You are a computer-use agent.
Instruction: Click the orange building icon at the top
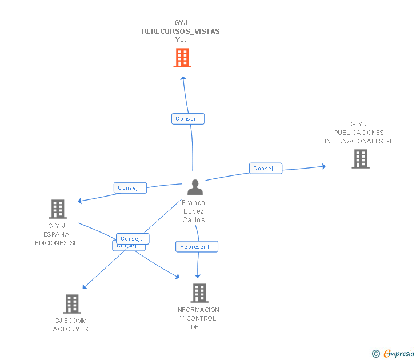click(x=182, y=58)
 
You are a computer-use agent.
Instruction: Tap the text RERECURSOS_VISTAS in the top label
click(x=181, y=31)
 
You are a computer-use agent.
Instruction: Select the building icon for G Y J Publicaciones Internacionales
click(x=360, y=159)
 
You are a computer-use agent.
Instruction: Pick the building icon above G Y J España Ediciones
click(x=58, y=209)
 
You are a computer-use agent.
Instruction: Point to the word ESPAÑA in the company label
click(x=56, y=234)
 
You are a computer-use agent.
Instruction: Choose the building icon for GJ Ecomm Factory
click(x=72, y=304)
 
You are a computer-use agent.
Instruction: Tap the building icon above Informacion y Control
click(x=199, y=293)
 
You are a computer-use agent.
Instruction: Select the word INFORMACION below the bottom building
click(x=198, y=310)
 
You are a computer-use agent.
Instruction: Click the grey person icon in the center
click(x=195, y=187)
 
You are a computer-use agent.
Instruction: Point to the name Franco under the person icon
click(x=193, y=203)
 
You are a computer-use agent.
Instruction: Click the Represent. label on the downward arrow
click(x=196, y=247)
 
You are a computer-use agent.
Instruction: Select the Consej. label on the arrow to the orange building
click(x=187, y=119)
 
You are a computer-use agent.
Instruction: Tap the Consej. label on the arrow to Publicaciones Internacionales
click(x=265, y=169)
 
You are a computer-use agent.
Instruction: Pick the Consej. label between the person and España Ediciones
click(x=130, y=188)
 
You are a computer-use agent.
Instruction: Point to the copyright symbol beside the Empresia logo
click(x=375, y=354)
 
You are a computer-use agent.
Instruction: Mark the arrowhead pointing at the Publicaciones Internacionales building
click(x=323, y=166)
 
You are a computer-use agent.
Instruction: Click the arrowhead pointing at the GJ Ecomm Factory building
click(x=85, y=287)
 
